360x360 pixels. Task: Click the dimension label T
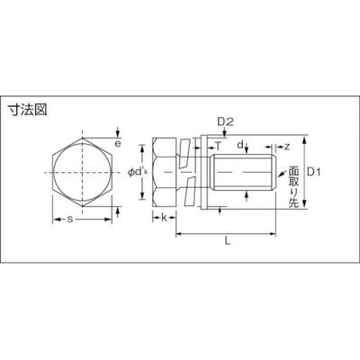(x=218, y=144)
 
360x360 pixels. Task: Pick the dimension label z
(x=286, y=145)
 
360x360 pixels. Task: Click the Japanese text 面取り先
(x=292, y=185)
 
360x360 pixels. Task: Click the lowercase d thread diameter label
(x=239, y=144)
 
